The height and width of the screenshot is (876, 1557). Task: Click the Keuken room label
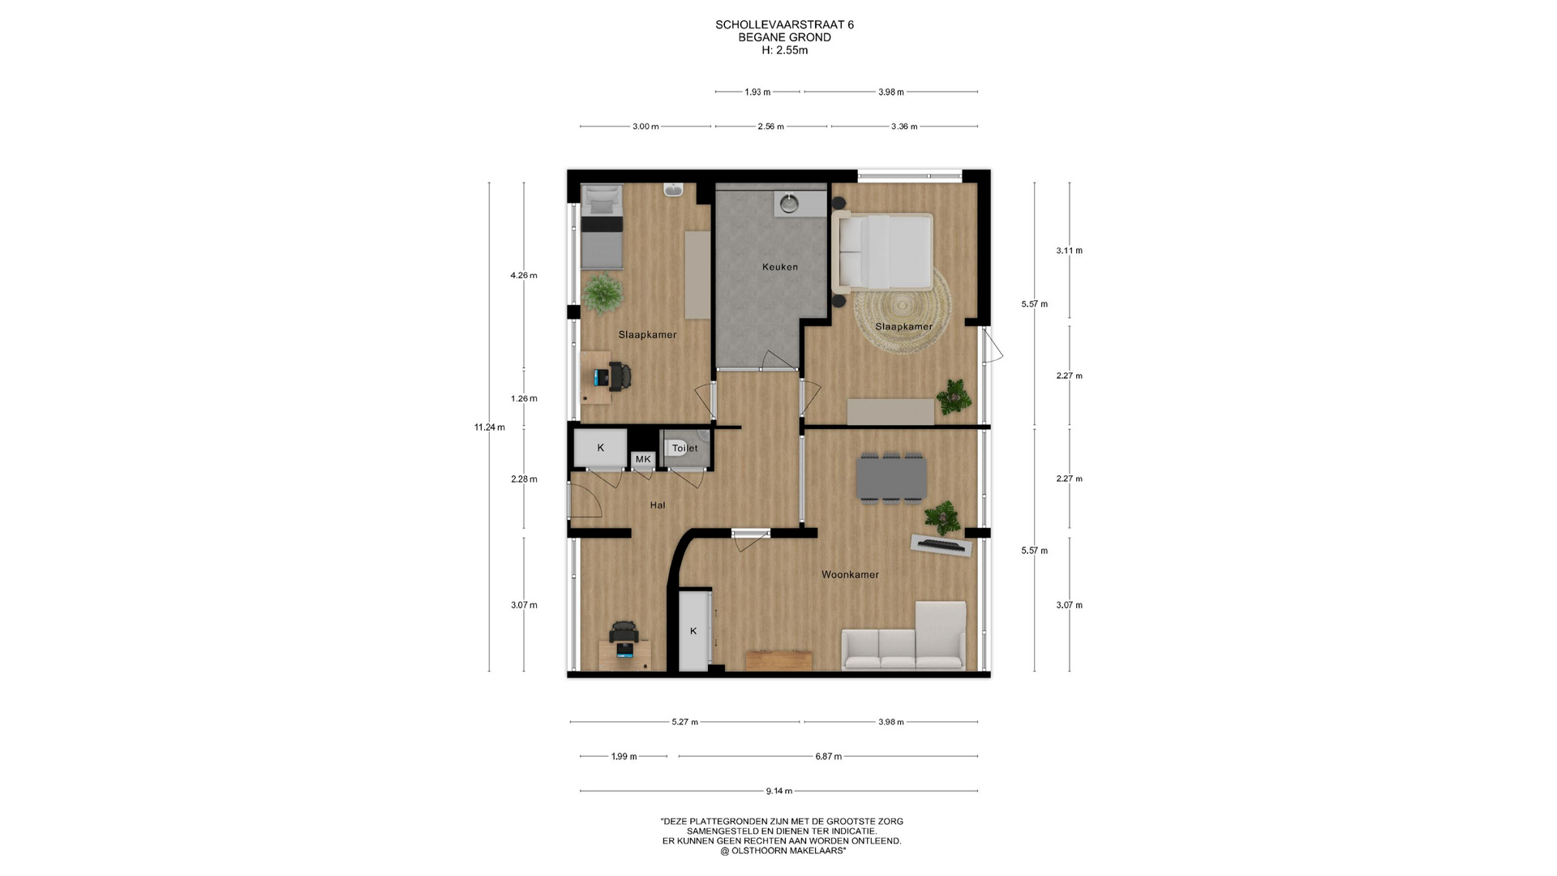click(x=779, y=267)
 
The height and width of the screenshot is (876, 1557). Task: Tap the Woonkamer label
click(x=850, y=574)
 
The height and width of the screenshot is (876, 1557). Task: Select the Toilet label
click(x=684, y=448)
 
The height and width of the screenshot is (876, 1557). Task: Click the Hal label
click(x=658, y=505)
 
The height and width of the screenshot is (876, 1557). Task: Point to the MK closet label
click(x=643, y=459)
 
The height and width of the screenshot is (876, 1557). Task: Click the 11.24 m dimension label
click(x=489, y=427)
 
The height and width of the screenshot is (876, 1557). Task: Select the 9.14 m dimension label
click(x=779, y=791)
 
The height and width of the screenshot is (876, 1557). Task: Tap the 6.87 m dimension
click(x=828, y=757)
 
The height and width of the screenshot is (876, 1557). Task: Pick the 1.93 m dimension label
click(x=757, y=92)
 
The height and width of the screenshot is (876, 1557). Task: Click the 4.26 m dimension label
click(x=524, y=275)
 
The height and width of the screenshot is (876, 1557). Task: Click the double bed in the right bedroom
click(x=882, y=251)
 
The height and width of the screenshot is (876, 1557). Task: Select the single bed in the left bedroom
click(x=602, y=227)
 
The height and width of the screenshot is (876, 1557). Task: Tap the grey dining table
click(x=891, y=478)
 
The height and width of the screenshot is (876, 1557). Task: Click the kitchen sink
click(x=789, y=204)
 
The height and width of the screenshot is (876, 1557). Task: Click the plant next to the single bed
click(x=602, y=293)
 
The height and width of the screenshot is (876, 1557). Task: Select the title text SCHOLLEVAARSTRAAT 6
click(x=784, y=25)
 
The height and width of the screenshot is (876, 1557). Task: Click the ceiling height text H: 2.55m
click(x=784, y=50)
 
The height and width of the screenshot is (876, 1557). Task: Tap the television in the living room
click(x=941, y=545)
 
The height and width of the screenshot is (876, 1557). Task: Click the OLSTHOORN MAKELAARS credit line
click(x=783, y=851)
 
